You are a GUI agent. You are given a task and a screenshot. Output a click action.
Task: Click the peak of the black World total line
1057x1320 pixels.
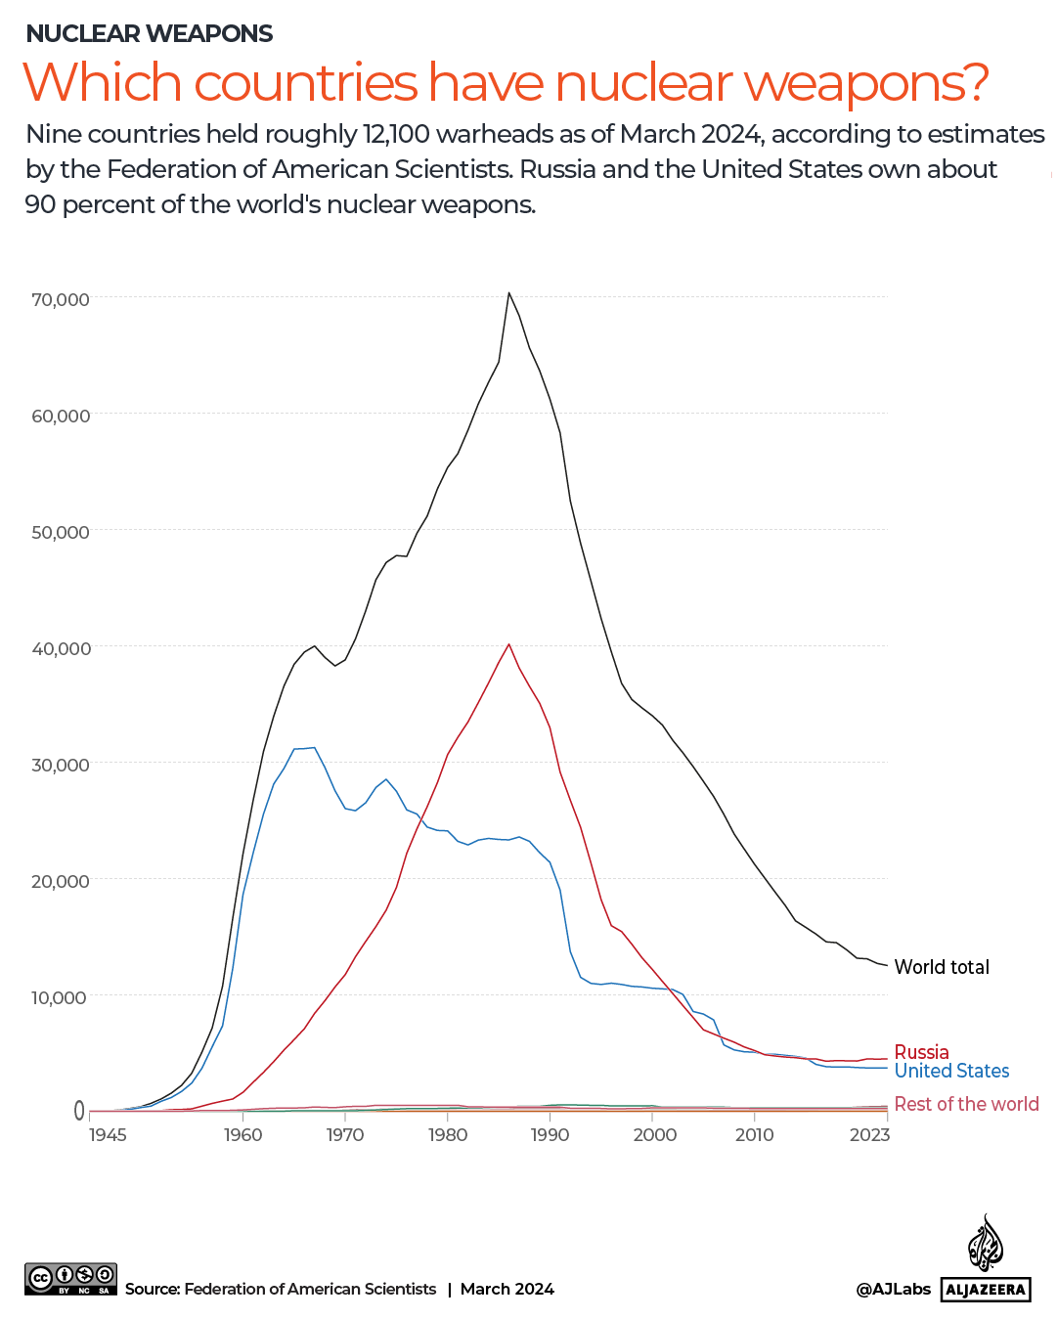pos(508,293)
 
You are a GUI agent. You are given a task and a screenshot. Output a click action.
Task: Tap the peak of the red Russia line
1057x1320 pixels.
pos(508,644)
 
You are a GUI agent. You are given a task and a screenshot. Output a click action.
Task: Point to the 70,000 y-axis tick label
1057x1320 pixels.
pos(61,299)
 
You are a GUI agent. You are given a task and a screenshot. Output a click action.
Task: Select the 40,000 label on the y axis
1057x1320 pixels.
pos(61,648)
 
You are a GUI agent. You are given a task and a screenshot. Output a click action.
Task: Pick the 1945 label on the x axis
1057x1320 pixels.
pos(108,1134)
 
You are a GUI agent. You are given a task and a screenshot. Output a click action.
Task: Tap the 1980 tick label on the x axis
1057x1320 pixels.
pos(448,1134)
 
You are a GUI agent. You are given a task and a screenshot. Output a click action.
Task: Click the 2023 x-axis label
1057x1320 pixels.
pos(869,1134)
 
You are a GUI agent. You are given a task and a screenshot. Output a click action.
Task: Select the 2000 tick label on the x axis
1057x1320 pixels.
pos(654,1134)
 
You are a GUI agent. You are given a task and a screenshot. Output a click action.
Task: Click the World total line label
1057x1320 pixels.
pos(942,967)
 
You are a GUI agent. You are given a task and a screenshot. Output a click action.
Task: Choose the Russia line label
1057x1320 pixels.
pos(921,1052)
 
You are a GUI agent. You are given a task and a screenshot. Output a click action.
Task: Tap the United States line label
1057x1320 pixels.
pos(951,1071)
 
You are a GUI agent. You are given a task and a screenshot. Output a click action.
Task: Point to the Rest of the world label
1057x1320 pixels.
pos(966,1104)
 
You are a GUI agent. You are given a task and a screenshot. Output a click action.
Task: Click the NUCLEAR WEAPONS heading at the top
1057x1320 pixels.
pos(150,33)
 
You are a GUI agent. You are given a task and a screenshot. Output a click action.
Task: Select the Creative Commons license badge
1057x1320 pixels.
pos(70,1279)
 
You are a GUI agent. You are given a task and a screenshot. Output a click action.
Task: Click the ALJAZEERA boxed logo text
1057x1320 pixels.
pos(986,1290)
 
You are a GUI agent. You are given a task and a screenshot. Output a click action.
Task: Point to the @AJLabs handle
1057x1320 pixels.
pos(893,1289)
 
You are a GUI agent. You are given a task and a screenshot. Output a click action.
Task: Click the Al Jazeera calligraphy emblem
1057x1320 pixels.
pos(986,1244)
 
